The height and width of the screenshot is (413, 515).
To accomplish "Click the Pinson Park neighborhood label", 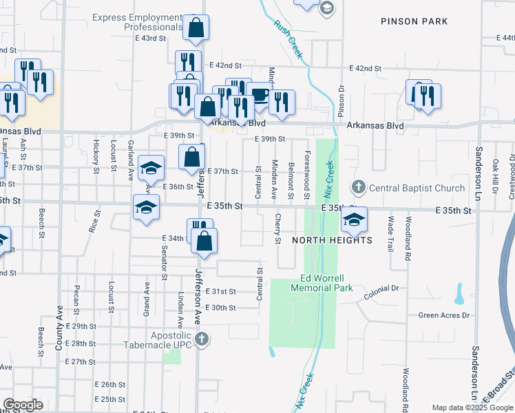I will (x=414, y=21).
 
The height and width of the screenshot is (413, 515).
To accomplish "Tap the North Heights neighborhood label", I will (x=332, y=240).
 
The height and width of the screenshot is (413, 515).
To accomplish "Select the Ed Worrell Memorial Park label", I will (x=326, y=284).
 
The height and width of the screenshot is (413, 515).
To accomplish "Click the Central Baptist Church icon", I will (x=358, y=187).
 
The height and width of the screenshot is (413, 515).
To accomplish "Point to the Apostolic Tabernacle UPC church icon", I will (x=201, y=339).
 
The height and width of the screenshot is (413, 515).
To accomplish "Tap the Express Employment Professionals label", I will (x=138, y=22).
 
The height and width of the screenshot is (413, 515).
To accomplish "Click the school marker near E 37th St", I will (x=151, y=168).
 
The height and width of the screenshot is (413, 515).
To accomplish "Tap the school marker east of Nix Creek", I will (x=354, y=220).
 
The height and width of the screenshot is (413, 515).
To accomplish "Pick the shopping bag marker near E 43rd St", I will (x=196, y=29).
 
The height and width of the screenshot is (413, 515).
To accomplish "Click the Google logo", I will (x=23, y=405).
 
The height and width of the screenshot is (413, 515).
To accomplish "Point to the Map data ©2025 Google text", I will (x=472, y=408).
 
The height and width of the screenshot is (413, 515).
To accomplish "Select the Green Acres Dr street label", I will (x=443, y=315).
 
